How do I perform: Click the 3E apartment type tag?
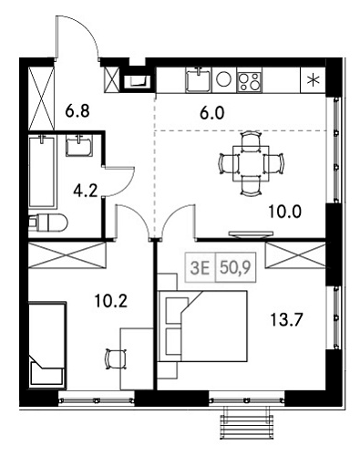click(x=199, y=268)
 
